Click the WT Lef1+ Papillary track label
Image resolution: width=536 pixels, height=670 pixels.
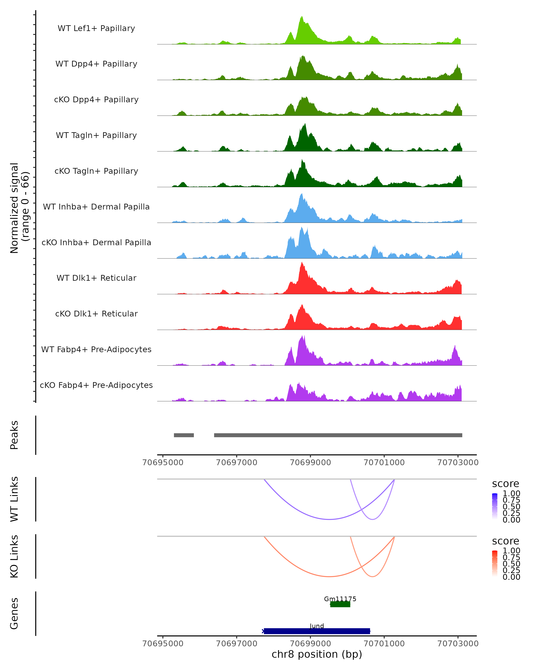(96, 28)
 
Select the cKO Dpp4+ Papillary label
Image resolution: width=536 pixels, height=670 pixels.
(96, 99)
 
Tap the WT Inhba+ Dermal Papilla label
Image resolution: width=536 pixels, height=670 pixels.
(96, 207)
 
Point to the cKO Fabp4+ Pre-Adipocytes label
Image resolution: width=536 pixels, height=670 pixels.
(96, 385)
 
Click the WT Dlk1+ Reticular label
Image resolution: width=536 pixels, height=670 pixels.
(96, 278)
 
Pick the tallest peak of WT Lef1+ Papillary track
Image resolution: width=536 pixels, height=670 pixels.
(301, 17)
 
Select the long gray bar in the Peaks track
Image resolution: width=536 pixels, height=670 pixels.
(338, 435)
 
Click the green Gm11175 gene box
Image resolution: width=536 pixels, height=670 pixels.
(340, 604)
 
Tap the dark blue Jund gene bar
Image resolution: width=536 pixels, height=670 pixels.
(317, 631)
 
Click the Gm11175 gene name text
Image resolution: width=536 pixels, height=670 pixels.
(340, 599)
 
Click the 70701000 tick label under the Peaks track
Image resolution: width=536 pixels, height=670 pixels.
(384, 463)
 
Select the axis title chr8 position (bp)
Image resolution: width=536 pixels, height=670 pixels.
(317, 654)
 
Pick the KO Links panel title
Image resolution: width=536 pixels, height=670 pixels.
(14, 556)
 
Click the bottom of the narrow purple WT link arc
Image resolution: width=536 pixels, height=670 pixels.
(373, 519)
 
